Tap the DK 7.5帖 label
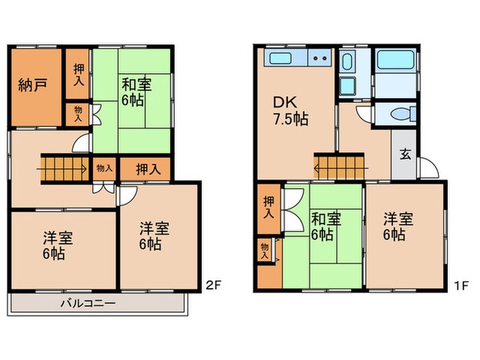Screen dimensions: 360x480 coord(291,110)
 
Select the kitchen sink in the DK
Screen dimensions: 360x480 coord(280,57)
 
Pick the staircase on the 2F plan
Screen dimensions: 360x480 coord(62,169)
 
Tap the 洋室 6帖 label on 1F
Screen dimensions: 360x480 coord(398,226)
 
